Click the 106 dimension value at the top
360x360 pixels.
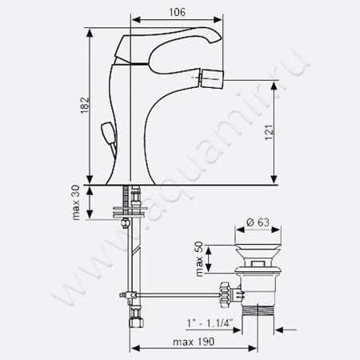point(178,12)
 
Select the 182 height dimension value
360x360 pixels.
point(85,106)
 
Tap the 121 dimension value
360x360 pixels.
point(269,132)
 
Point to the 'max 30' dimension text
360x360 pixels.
point(76,202)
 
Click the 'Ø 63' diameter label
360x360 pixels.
point(258,222)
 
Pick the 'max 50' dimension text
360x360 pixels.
point(199,259)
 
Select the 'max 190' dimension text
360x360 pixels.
point(194,342)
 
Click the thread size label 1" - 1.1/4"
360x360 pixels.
point(210,323)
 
